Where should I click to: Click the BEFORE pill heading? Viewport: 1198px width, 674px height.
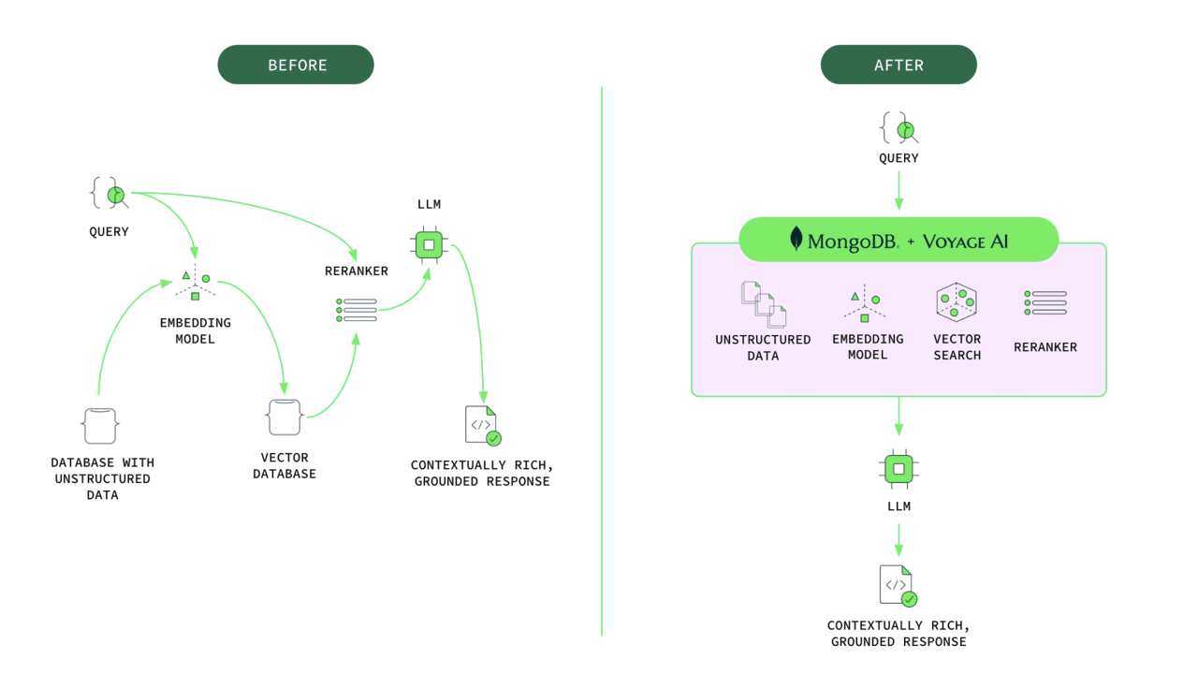296,66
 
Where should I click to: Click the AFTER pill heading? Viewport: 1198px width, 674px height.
898,66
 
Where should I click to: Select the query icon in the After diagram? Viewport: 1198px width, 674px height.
898,128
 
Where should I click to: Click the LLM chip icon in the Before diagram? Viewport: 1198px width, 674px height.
430,245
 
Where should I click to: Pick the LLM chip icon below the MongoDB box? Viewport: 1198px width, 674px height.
898,468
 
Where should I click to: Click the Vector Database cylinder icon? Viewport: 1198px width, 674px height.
285,417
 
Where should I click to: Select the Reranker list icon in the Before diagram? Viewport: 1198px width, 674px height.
357,311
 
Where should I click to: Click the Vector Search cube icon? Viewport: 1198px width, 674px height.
957,302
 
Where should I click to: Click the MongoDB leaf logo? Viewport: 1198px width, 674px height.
796,240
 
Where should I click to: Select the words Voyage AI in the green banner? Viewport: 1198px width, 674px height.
965,241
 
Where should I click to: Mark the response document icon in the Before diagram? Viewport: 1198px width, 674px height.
482,425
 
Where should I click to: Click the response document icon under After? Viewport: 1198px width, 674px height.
897,585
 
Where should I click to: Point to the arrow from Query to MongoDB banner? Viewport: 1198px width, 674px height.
898,191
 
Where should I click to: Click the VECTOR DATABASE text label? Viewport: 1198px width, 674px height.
285,465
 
